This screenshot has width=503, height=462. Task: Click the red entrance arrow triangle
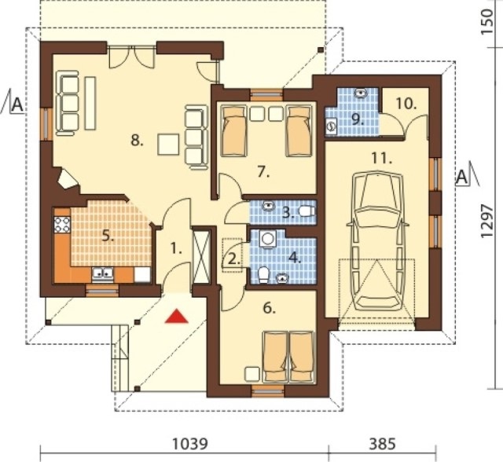tap(176, 316)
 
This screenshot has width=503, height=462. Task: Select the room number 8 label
tap(137, 141)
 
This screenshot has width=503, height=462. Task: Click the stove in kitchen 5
tap(62, 225)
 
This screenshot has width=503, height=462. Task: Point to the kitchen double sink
tap(103, 273)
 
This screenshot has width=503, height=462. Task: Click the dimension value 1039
tap(190, 444)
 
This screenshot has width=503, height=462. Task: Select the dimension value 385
tap(383, 444)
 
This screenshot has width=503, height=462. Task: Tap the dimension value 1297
tap(487, 221)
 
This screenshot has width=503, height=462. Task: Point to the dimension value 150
tap(487, 21)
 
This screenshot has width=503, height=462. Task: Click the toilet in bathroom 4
tap(264, 275)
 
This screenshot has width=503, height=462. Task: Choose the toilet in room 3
tap(307, 211)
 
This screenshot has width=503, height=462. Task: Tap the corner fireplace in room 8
tap(68, 181)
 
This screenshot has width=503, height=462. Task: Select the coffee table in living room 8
tap(168, 145)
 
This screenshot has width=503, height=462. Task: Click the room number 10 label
tap(406, 104)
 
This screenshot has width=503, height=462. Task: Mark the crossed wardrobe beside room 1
tap(202, 256)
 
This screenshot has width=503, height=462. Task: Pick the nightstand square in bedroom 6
tap(252, 374)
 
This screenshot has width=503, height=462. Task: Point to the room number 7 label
tap(263, 173)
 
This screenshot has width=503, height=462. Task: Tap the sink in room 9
tap(362, 93)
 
